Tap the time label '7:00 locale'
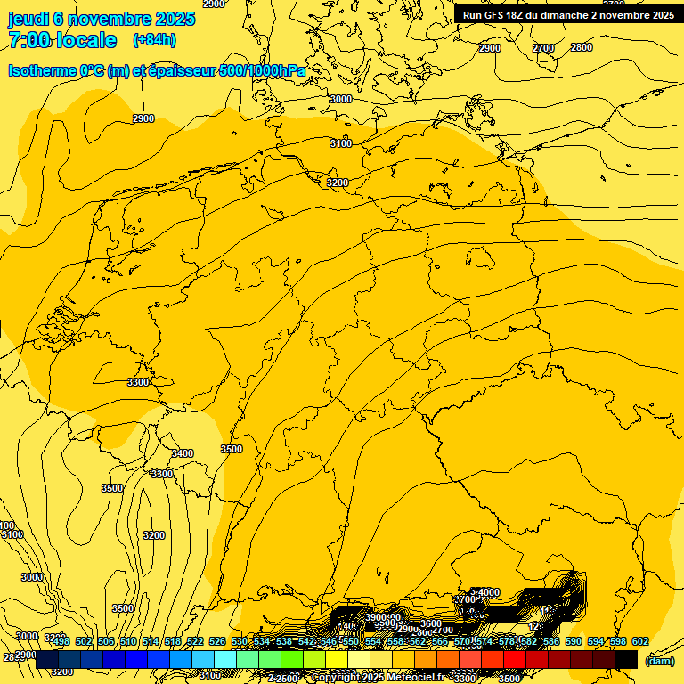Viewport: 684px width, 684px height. pos(62,40)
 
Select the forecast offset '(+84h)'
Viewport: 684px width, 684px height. pos(154,40)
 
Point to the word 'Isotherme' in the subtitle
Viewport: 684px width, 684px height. pos(43,70)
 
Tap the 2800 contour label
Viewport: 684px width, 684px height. pos(581,47)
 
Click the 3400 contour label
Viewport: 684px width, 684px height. pos(182,453)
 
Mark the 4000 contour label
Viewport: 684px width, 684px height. pos(488,592)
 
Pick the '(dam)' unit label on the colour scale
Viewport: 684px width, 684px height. pos(659,660)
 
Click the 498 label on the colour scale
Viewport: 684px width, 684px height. pos(61,641)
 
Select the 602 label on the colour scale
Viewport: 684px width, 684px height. pos(639,641)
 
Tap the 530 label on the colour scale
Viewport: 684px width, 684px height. pos(240,641)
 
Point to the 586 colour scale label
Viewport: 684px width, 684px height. pos(550,641)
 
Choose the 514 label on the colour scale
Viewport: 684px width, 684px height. pos(151,641)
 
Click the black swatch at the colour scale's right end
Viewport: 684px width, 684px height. pos(626,659)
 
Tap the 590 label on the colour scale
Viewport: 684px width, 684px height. pos(573,641)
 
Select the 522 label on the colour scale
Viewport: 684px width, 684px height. pos(195,641)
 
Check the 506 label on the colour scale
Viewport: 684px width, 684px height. pos(106,641)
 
